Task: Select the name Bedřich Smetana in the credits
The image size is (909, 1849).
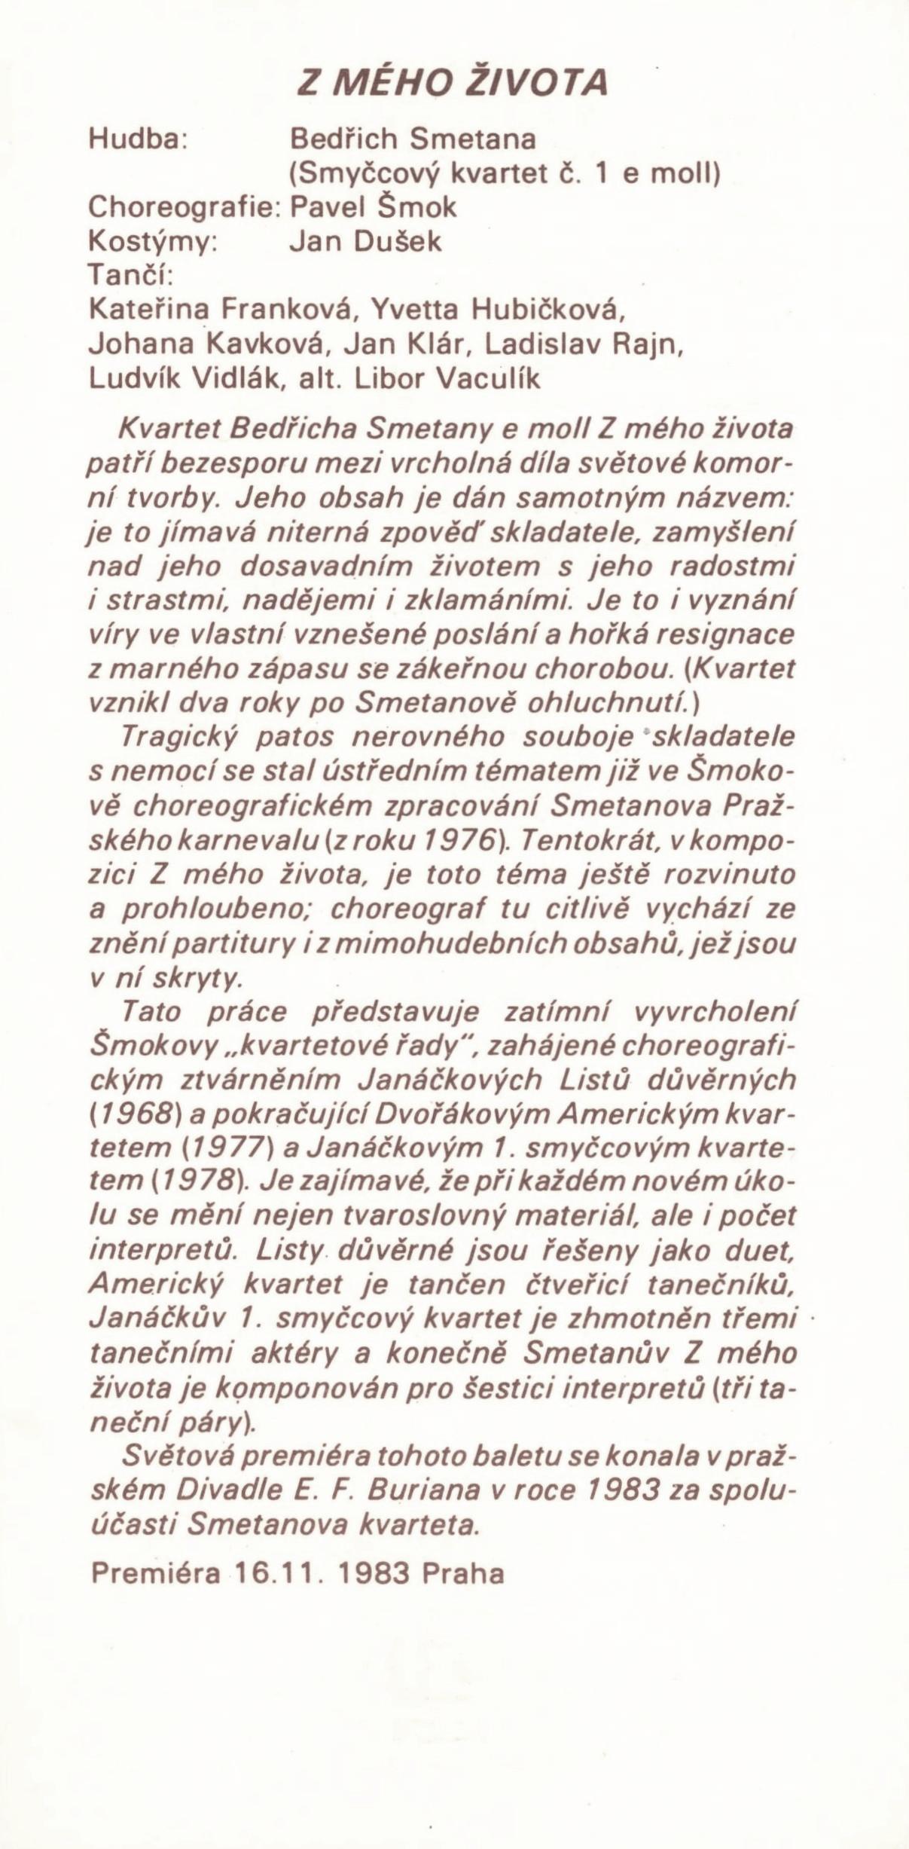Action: (413, 140)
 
